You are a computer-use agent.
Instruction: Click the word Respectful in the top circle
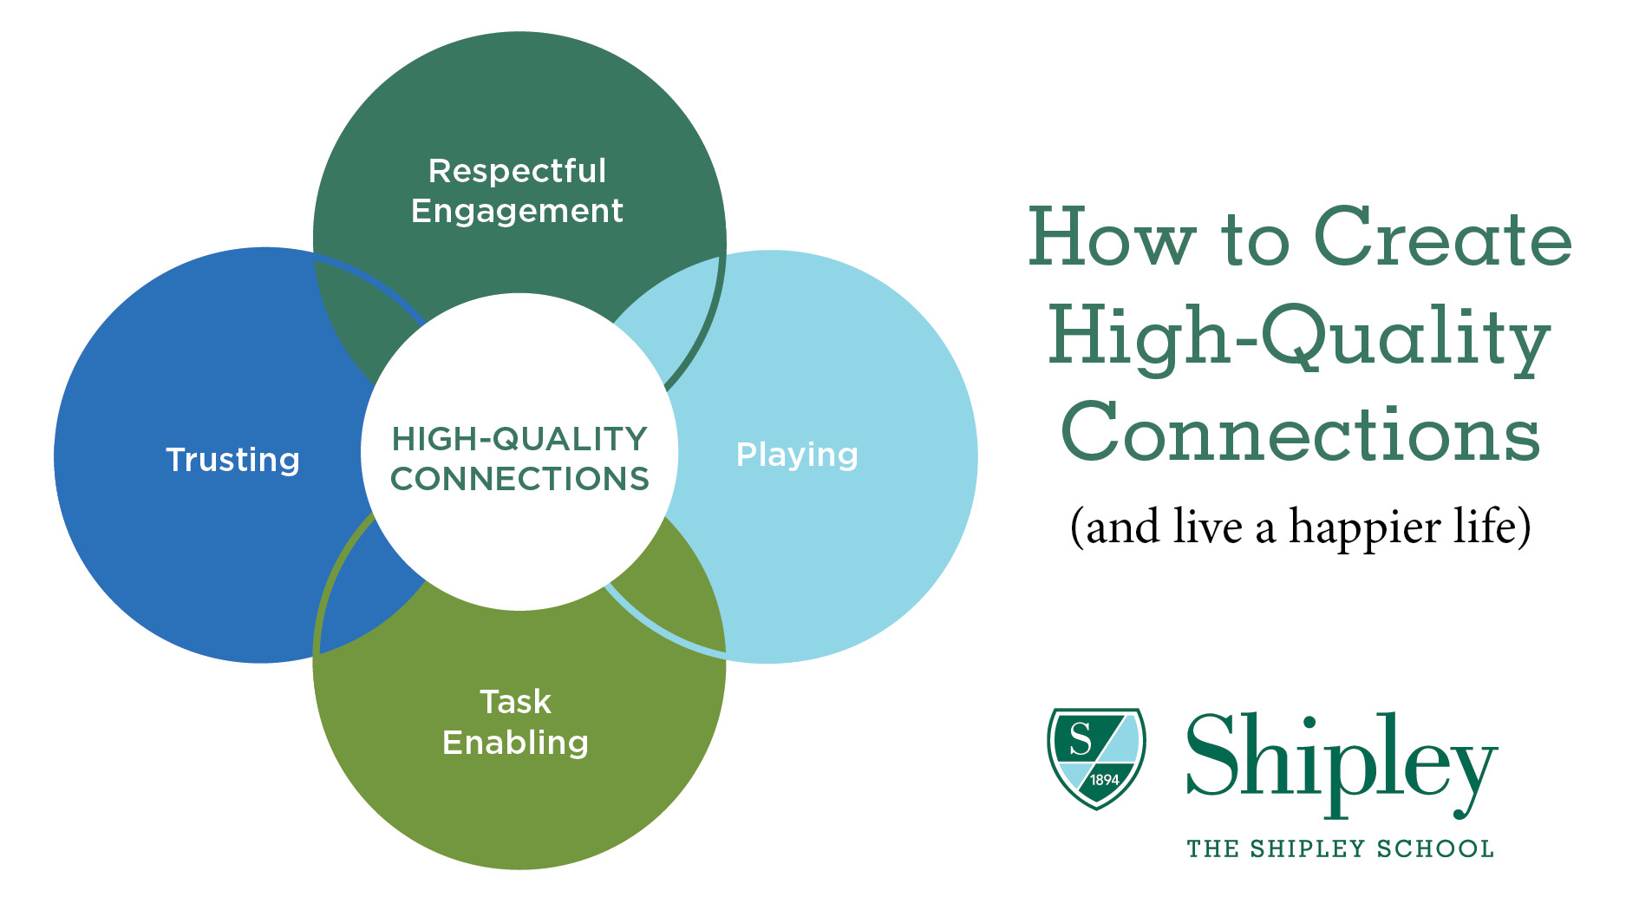pyautogui.click(x=517, y=171)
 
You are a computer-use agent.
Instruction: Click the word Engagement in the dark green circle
pyautogui.click(x=517, y=212)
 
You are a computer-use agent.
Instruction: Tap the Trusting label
pyautogui.click(x=232, y=460)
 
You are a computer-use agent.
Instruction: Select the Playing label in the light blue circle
pyautogui.click(x=797, y=455)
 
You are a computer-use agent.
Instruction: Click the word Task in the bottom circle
pyautogui.click(x=515, y=702)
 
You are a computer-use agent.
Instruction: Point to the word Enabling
pyautogui.click(x=515, y=743)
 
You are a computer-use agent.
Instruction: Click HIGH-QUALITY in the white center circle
pyautogui.click(x=519, y=439)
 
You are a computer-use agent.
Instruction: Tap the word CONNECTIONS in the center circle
pyautogui.click(x=519, y=479)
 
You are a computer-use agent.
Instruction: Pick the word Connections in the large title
pyautogui.click(x=1300, y=434)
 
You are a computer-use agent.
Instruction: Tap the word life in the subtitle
pyautogui.click(x=1492, y=527)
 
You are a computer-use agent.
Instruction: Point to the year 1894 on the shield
pyautogui.click(x=1104, y=780)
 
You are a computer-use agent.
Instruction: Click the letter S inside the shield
pyautogui.click(x=1080, y=739)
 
